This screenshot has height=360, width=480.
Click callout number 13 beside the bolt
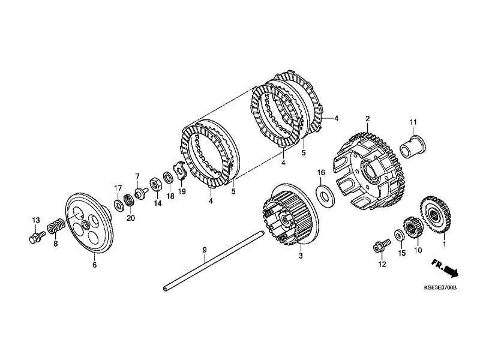pyautogui.click(x=35, y=220)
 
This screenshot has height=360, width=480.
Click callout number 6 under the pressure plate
pyautogui.click(x=94, y=263)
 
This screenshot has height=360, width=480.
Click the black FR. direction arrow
pyautogui.click(x=445, y=268)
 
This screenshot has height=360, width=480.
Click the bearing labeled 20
pyautogui.click(x=128, y=199)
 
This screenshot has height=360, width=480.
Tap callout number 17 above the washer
pyautogui.click(x=118, y=188)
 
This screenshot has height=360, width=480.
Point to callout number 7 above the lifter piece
pyautogui.click(x=137, y=176)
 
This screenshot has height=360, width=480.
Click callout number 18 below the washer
pyautogui.click(x=170, y=196)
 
